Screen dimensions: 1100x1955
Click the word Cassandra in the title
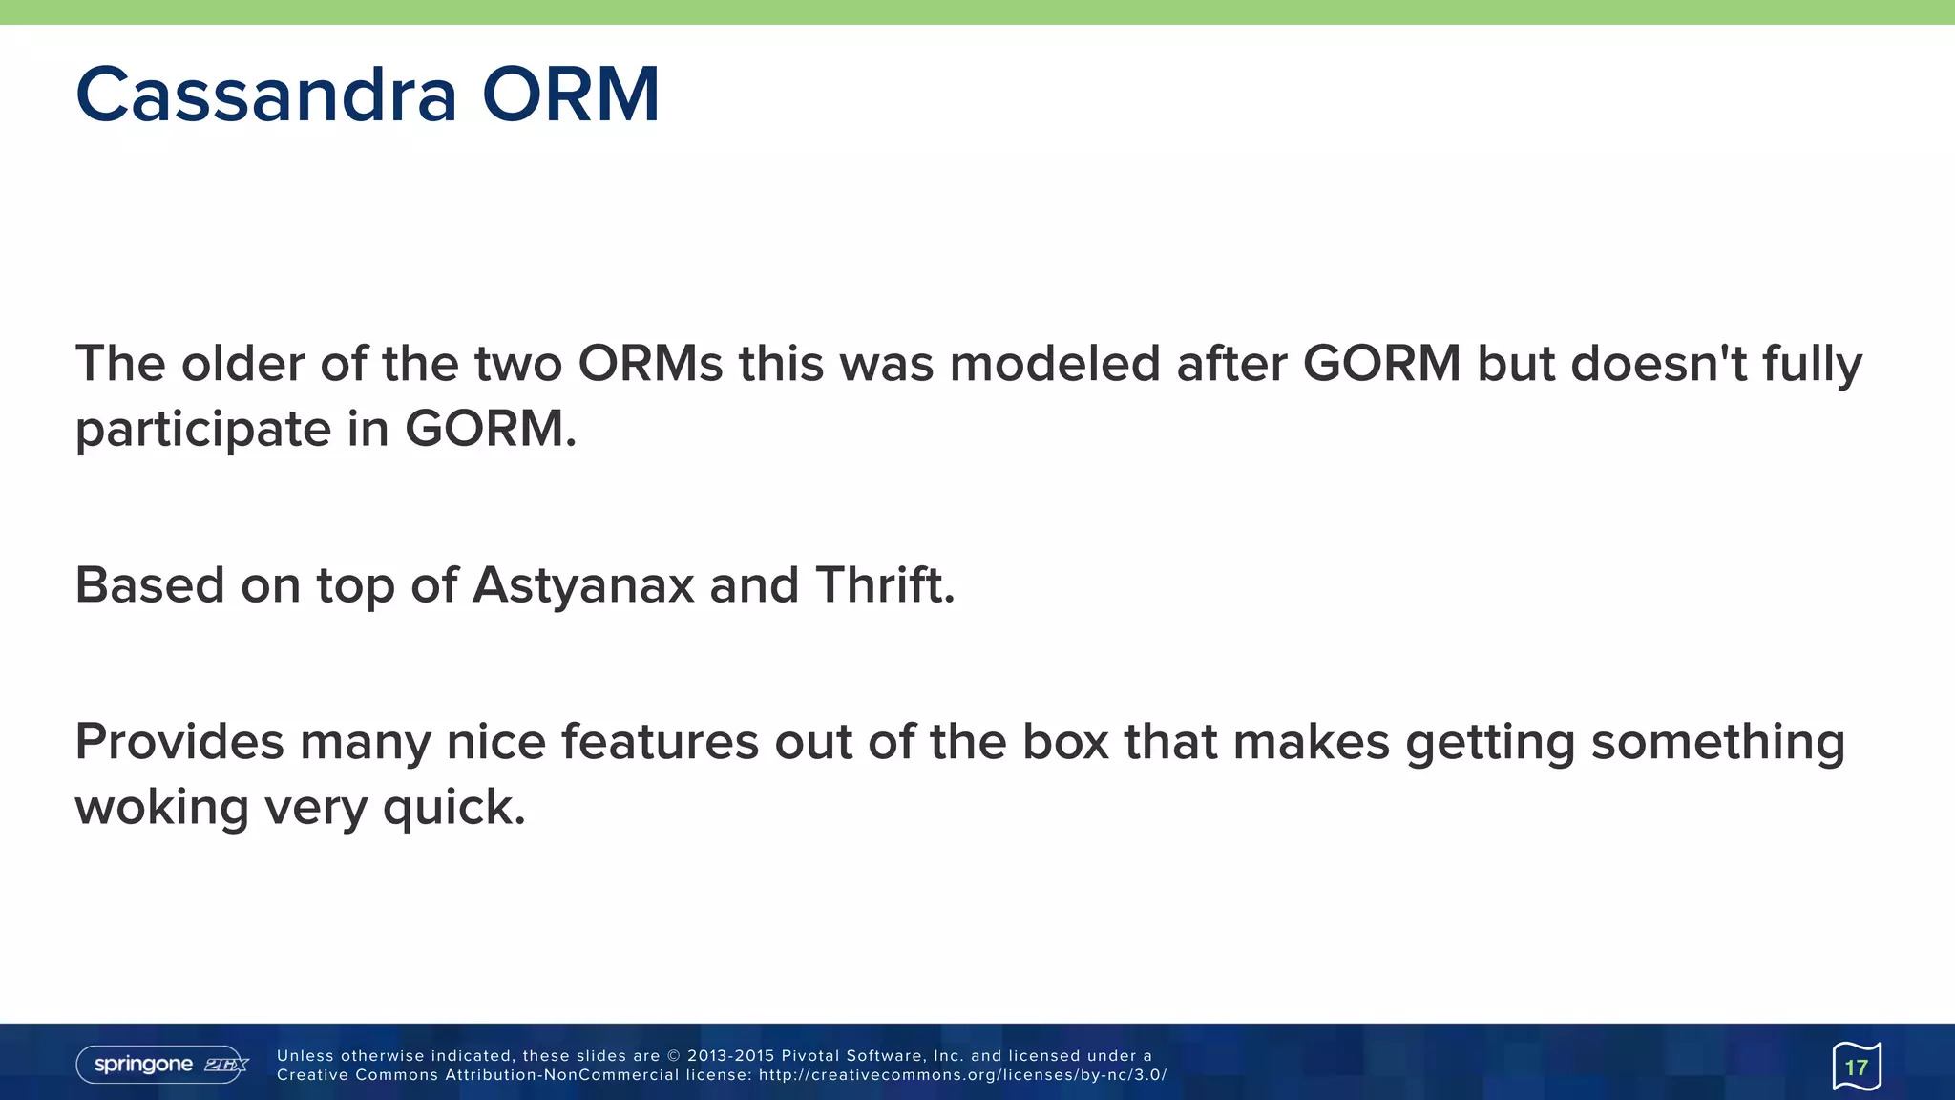click(265, 95)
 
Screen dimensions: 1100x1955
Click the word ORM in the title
click(570, 95)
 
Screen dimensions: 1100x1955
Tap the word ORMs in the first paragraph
click(650, 364)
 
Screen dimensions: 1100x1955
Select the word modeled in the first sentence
click(1055, 364)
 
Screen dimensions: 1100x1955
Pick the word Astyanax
click(583, 585)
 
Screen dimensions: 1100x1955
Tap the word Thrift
click(884, 585)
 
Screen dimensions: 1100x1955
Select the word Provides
click(179, 742)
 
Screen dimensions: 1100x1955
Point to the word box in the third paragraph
click(1065, 742)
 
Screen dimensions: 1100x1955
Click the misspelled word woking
click(161, 808)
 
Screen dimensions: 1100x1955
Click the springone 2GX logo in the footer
click(162, 1065)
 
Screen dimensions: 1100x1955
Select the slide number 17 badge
click(1856, 1067)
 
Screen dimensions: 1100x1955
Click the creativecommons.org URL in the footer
click(962, 1075)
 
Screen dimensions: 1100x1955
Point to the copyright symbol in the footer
click(673, 1056)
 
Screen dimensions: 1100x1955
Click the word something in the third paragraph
click(1717, 742)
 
